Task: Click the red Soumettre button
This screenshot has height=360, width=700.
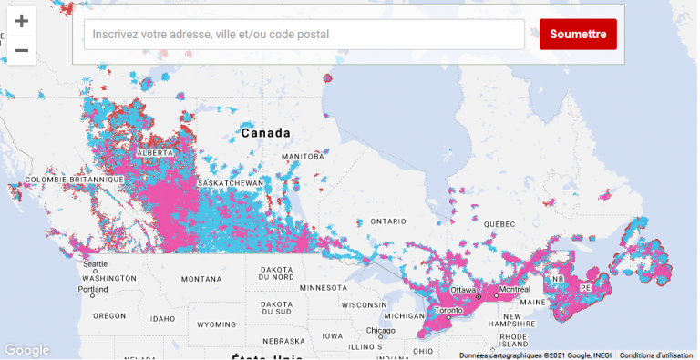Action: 578,35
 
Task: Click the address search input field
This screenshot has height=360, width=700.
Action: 304,35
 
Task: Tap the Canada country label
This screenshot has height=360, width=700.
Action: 265,133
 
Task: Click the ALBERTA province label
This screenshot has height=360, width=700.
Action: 154,153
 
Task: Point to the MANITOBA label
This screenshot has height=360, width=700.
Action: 303,157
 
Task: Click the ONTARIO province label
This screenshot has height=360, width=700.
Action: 387,221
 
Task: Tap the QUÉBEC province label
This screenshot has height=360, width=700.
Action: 499,224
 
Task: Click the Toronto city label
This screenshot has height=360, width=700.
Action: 445,310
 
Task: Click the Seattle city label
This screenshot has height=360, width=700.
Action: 95,264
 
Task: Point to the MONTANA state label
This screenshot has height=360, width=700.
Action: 201,279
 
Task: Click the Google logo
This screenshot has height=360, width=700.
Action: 26,350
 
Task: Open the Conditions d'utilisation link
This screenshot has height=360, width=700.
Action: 658,355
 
